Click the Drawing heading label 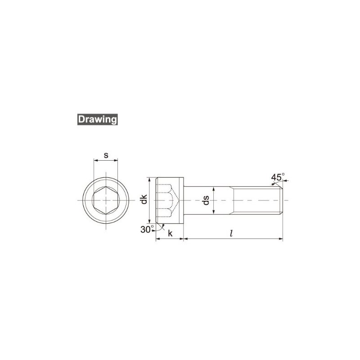97,120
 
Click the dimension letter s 105,155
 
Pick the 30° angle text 146,229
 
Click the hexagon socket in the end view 105,200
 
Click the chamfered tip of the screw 281,200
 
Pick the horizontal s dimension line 105,160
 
